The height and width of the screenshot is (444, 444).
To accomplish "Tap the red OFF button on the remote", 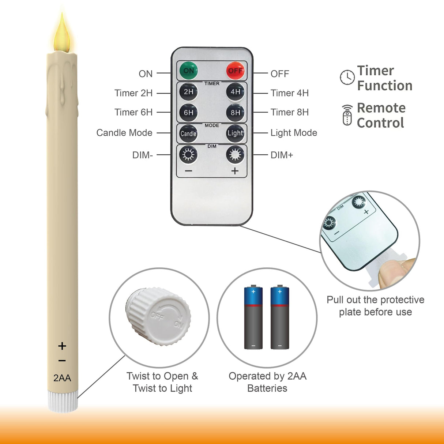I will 235,71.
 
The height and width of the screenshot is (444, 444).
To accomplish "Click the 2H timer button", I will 189,92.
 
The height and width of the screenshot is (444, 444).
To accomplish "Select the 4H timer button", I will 235,92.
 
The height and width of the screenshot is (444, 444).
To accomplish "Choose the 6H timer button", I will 189,113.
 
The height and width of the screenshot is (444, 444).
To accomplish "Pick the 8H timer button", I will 235,113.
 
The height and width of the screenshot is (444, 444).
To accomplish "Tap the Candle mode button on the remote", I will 189,133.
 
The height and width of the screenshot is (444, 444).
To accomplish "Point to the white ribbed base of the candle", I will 63,401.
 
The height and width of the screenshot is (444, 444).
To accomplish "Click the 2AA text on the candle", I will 62,378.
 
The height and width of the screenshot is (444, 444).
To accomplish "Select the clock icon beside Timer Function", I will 347,78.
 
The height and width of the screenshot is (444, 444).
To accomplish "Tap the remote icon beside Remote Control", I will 347,115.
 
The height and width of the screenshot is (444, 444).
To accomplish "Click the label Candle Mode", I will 124,133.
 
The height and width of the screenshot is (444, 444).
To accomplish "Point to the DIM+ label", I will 282,155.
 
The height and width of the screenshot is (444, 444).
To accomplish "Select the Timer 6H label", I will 133,112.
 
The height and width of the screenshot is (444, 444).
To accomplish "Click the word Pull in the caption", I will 335,300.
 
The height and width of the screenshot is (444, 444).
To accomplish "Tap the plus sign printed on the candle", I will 62,346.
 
